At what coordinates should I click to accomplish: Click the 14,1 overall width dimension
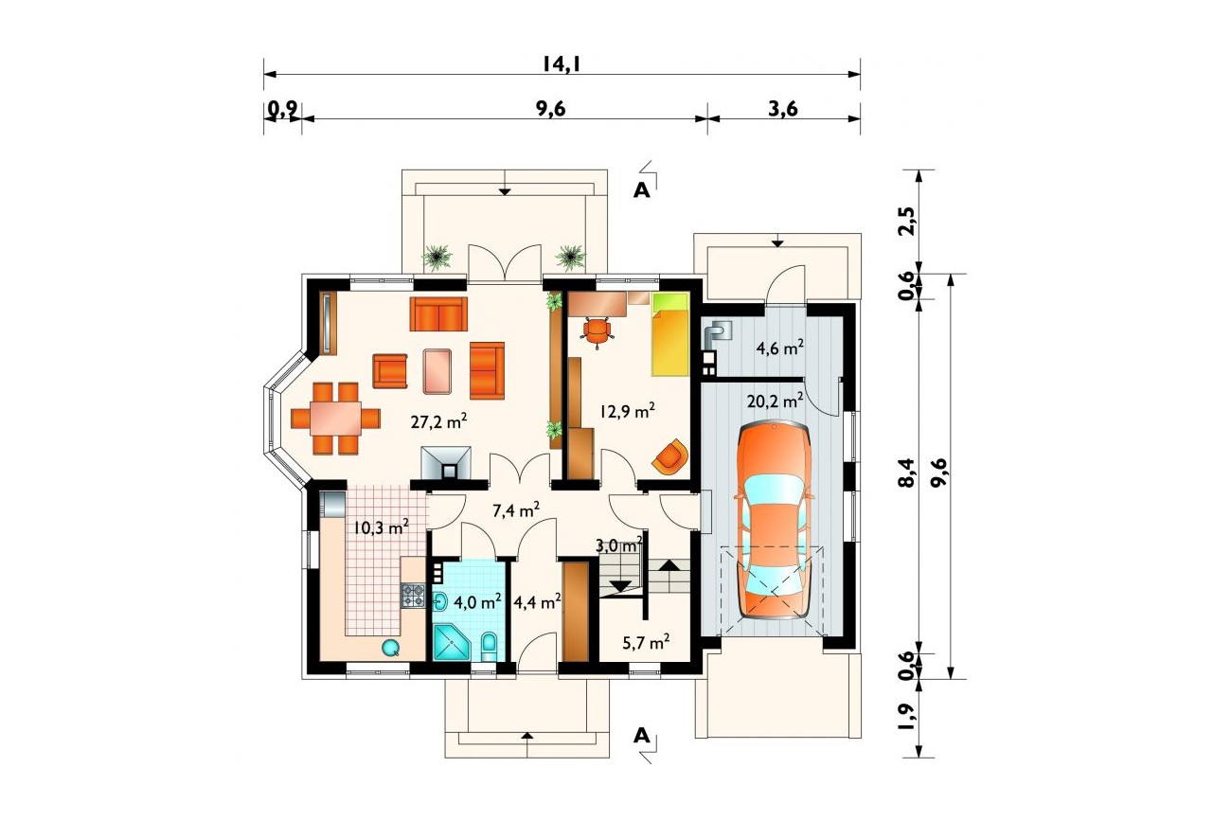[562, 63]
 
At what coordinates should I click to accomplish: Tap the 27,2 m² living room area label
[438, 421]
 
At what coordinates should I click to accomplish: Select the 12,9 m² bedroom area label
[627, 411]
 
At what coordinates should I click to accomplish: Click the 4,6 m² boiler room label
[780, 348]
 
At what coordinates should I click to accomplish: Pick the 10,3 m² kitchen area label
[381, 527]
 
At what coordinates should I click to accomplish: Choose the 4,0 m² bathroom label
[477, 601]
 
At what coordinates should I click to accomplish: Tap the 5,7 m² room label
[646, 641]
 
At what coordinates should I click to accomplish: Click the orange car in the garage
[774, 521]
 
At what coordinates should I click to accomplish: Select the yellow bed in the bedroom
[669, 334]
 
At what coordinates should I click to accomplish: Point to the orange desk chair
[597, 330]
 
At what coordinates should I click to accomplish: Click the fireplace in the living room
[446, 463]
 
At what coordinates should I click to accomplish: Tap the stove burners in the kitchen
[414, 595]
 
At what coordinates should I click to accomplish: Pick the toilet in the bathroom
[489, 648]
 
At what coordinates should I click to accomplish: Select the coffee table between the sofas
[437, 371]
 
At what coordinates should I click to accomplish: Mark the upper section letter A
[641, 190]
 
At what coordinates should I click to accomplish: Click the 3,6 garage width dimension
[782, 109]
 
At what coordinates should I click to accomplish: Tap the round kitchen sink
[391, 648]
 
